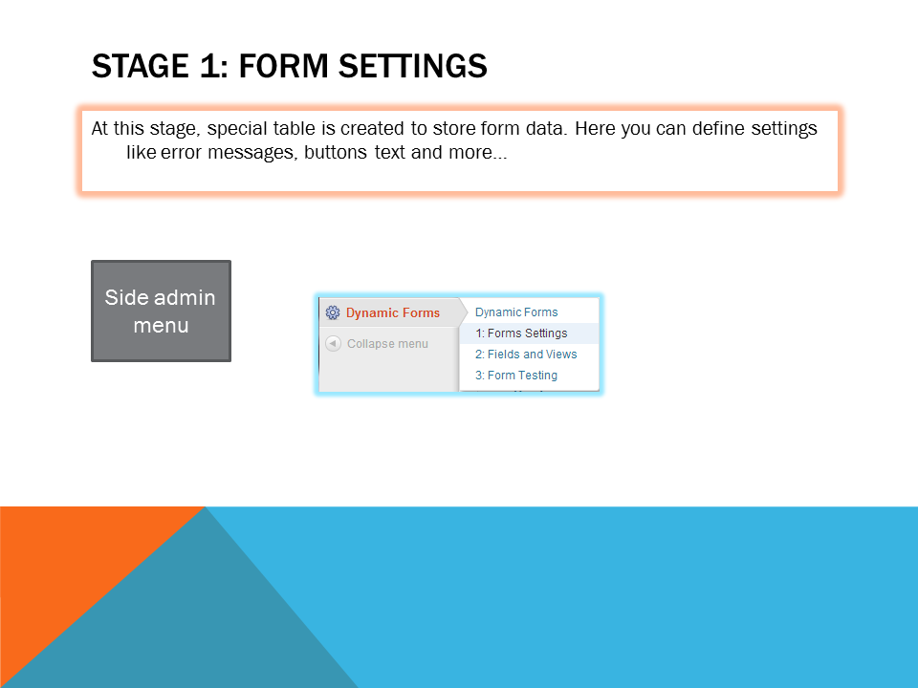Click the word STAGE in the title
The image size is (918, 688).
click(140, 66)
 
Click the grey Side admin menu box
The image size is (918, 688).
click(161, 312)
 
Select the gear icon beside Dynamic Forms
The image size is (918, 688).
click(333, 312)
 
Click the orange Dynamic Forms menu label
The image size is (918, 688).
click(393, 313)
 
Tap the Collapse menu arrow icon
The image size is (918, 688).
click(333, 343)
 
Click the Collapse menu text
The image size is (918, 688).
click(387, 344)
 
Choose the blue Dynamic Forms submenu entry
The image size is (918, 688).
click(516, 312)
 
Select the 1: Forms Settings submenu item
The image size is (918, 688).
click(521, 333)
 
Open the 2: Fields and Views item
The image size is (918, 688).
click(526, 355)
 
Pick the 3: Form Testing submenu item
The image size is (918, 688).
click(515, 376)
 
